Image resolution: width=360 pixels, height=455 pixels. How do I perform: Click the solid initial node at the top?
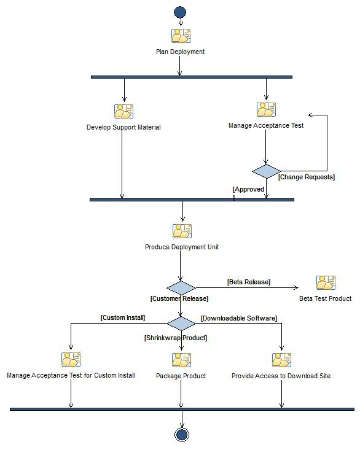pyautogui.click(x=180, y=12)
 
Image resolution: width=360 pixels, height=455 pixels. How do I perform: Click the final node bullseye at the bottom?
pyautogui.click(x=181, y=435)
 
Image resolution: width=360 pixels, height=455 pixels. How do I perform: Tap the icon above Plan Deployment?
pyautogui.click(x=181, y=36)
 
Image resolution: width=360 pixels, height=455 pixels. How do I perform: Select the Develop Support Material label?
pyautogui.click(x=123, y=128)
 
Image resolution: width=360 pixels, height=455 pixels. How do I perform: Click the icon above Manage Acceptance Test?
pyautogui.click(x=266, y=109)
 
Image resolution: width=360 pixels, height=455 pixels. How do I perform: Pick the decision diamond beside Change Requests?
pyautogui.click(x=266, y=171)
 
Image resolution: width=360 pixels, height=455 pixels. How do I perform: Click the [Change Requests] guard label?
pyautogui.click(x=307, y=177)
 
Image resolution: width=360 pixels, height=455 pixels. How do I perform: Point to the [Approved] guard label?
pyautogui.click(x=249, y=190)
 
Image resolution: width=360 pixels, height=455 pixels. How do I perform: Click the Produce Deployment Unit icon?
pyautogui.click(x=182, y=231)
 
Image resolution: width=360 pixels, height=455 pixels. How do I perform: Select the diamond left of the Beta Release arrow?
pyautogui.click(x=181, y=288)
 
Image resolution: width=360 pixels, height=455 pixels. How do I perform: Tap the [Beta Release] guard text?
pyautogui.click(x=249, y=282)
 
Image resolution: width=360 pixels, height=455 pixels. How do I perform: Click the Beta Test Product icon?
pyautogui.click(x=326, y=282)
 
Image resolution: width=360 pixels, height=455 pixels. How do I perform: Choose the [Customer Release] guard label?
pyautogui.click(x=179, y=298)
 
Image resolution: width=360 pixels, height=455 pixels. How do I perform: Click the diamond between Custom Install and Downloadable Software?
pyautogui.click(x=181, y=324)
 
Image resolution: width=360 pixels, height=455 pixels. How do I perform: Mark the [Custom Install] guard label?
pyautogui.click(x=123, y=318)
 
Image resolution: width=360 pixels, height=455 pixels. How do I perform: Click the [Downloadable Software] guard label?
pyautogui.click(x=239, y=318)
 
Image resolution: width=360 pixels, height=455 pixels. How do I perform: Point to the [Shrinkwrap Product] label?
pyautogui.click(x=176, y=338)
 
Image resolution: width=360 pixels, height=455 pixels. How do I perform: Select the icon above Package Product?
pyautogui.click(x=181, y=359)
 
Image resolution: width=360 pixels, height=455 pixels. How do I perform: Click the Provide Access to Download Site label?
pyautogui.click(x=281, y=376)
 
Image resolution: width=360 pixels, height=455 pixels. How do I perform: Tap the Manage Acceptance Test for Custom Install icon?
pyautogui.click(x=71, y=359)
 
